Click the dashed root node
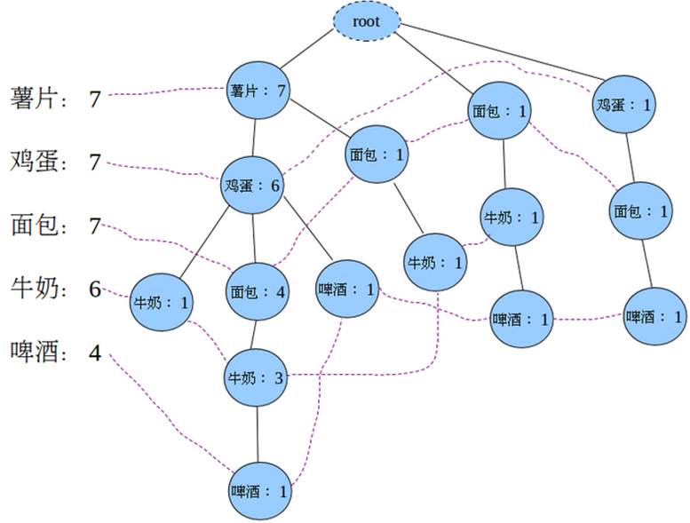(367, 22)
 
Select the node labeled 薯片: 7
(258, 91)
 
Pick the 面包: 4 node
(258, 290)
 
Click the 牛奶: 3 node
(257, 377)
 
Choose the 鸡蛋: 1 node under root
(623, 105)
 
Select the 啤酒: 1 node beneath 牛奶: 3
(258, 490)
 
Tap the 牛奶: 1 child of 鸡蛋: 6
(161, 301)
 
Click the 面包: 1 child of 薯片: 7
(377, 155)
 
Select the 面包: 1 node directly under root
(499, 111)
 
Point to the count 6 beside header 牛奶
(95, 289)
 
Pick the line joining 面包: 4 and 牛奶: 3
(257, 335)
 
